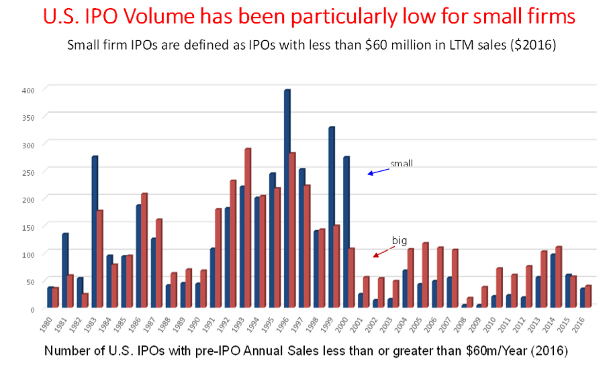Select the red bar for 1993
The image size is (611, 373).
pyautogui.click(x=248, y=228)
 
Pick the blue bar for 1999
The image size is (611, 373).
pyautogui.click(x=331, y=217)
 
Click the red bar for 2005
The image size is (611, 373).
pyautogui.click(x=425, y=276)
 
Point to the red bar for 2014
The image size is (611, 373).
pyautogui.click(x=558, y=278)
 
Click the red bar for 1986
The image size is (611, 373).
pyautogui.click(x=144, y=251)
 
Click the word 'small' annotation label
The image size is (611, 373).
pyautogui.click(x=402, y=163)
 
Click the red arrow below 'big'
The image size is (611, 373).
pyautogui.click(x=382, y=252)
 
